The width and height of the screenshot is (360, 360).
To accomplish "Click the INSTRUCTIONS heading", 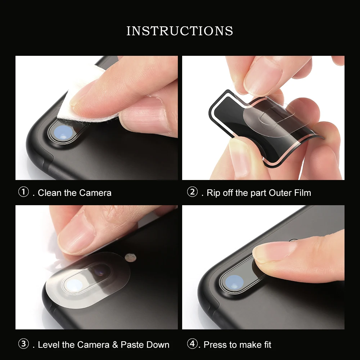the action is pos(180,31).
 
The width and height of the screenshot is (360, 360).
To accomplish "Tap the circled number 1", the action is pos(23,192).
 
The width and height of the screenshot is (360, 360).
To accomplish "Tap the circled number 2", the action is pos(192,192).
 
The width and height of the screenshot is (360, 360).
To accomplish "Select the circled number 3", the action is pos(23,344).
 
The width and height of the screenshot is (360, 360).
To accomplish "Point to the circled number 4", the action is pos(192,344).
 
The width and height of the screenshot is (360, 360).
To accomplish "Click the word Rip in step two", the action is pos(213,193).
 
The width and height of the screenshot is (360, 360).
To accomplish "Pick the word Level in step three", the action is pos(49,345).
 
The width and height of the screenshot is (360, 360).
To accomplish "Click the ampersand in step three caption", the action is pos(115,345).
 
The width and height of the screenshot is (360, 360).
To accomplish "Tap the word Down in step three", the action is pos(158,345).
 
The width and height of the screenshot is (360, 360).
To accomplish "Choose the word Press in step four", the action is pos(215,345).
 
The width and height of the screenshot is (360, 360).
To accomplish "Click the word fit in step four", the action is pos(267,345).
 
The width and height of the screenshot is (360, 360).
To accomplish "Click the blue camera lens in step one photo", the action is pos(63,133).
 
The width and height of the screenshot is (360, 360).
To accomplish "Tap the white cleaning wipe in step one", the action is pos(83,96).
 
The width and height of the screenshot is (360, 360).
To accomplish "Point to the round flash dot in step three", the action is pos(130,258).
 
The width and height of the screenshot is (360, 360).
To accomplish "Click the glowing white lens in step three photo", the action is pos(73,286).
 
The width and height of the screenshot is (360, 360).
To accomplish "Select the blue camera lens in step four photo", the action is pos(234,282).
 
